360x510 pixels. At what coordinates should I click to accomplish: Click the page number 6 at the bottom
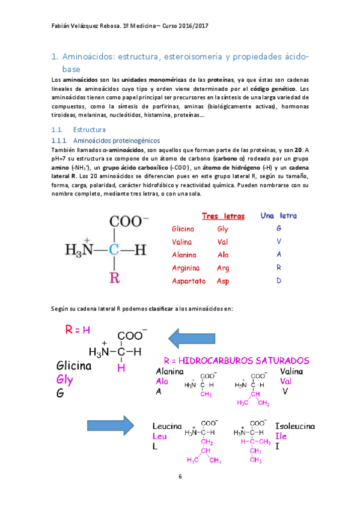[x=180, y=477]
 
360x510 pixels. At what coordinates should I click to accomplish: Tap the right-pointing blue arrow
[x=111, y=426]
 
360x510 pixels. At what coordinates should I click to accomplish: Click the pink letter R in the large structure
[x=114, y=277]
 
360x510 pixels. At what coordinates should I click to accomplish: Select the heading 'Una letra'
[x=278, y=216]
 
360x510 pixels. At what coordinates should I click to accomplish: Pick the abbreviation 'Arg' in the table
[x=223, y=268]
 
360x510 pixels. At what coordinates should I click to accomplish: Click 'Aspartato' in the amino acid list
[x=188, y=281]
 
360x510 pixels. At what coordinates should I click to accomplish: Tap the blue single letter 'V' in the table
[x=279, y=242]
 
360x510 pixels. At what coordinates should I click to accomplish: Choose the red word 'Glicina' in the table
[x=182, y=229]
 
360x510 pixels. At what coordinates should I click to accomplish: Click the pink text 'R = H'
[x=78, y=330]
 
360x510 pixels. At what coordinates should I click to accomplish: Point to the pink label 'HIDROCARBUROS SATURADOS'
[x=240, y=361]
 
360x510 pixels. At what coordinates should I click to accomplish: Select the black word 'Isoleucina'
[x=294, y=426]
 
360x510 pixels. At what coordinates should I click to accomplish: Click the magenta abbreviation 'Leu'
[x=160, y=436]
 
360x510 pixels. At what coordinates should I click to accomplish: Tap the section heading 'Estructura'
[x=89, y=129]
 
